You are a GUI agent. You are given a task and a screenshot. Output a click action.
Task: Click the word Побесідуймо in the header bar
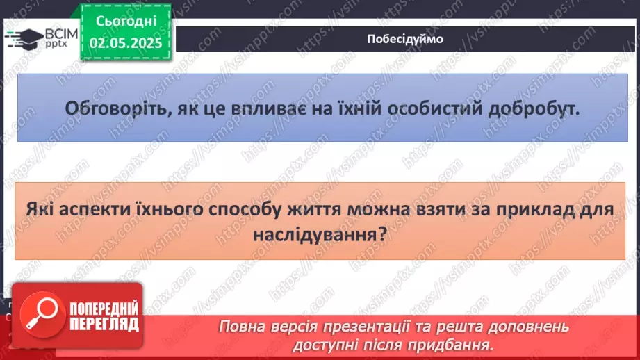(404, 39)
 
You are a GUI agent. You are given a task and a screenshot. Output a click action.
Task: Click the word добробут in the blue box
(535, 109)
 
